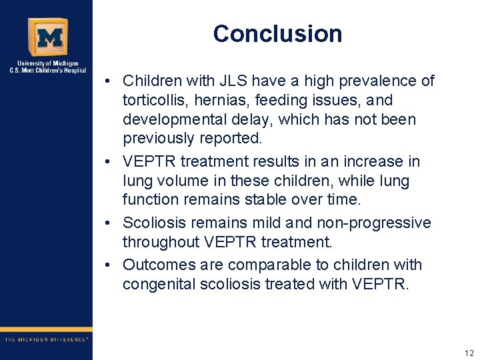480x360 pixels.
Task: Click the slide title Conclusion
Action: (277, 34)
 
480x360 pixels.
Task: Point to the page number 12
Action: (469, 353)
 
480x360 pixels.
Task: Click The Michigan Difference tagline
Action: (46, 339)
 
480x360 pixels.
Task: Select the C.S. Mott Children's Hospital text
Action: (47, 70)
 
